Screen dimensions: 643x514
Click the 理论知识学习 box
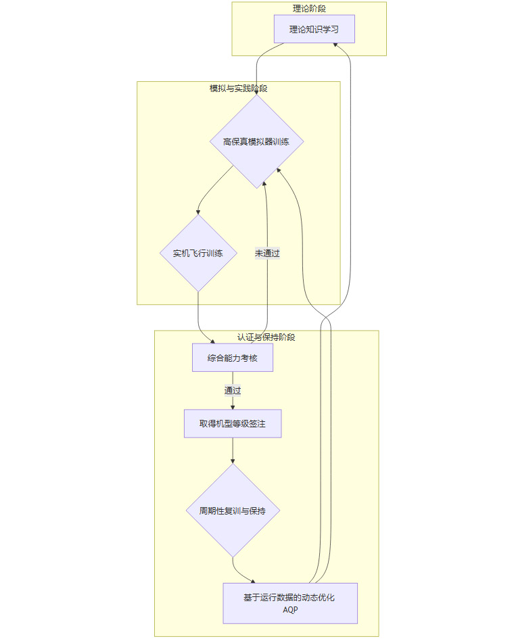(x=314, y=29)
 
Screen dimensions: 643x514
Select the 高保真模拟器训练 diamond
(x=256, y=141)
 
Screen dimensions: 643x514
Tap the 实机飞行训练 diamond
(x=198, y=254)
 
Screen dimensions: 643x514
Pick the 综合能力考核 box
(x=233, y=358)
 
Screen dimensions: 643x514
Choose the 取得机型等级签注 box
(x=233, y=424)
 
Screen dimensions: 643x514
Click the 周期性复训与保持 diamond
(x=233, y=510)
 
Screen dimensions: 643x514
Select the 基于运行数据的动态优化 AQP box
(x=290, y=603)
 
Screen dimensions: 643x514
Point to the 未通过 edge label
(x=267, y=254)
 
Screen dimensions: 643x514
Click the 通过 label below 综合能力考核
(x=233, y=390)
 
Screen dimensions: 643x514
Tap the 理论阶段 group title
(x=309, y=9)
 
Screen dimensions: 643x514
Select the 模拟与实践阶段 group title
(x=238, y=89)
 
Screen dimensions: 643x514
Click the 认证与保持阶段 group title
(x=266, y=337)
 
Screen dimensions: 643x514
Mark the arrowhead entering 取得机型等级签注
(x=233, y=406)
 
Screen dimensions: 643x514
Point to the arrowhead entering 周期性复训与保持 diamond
(x=233, y=460)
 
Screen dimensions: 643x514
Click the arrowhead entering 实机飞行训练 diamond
(x=198, y=212)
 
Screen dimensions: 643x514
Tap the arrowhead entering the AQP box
(x=253, y=581)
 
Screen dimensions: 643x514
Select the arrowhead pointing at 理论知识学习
(x=336, y=45)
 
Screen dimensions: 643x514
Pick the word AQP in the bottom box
(x=290, y=610)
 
